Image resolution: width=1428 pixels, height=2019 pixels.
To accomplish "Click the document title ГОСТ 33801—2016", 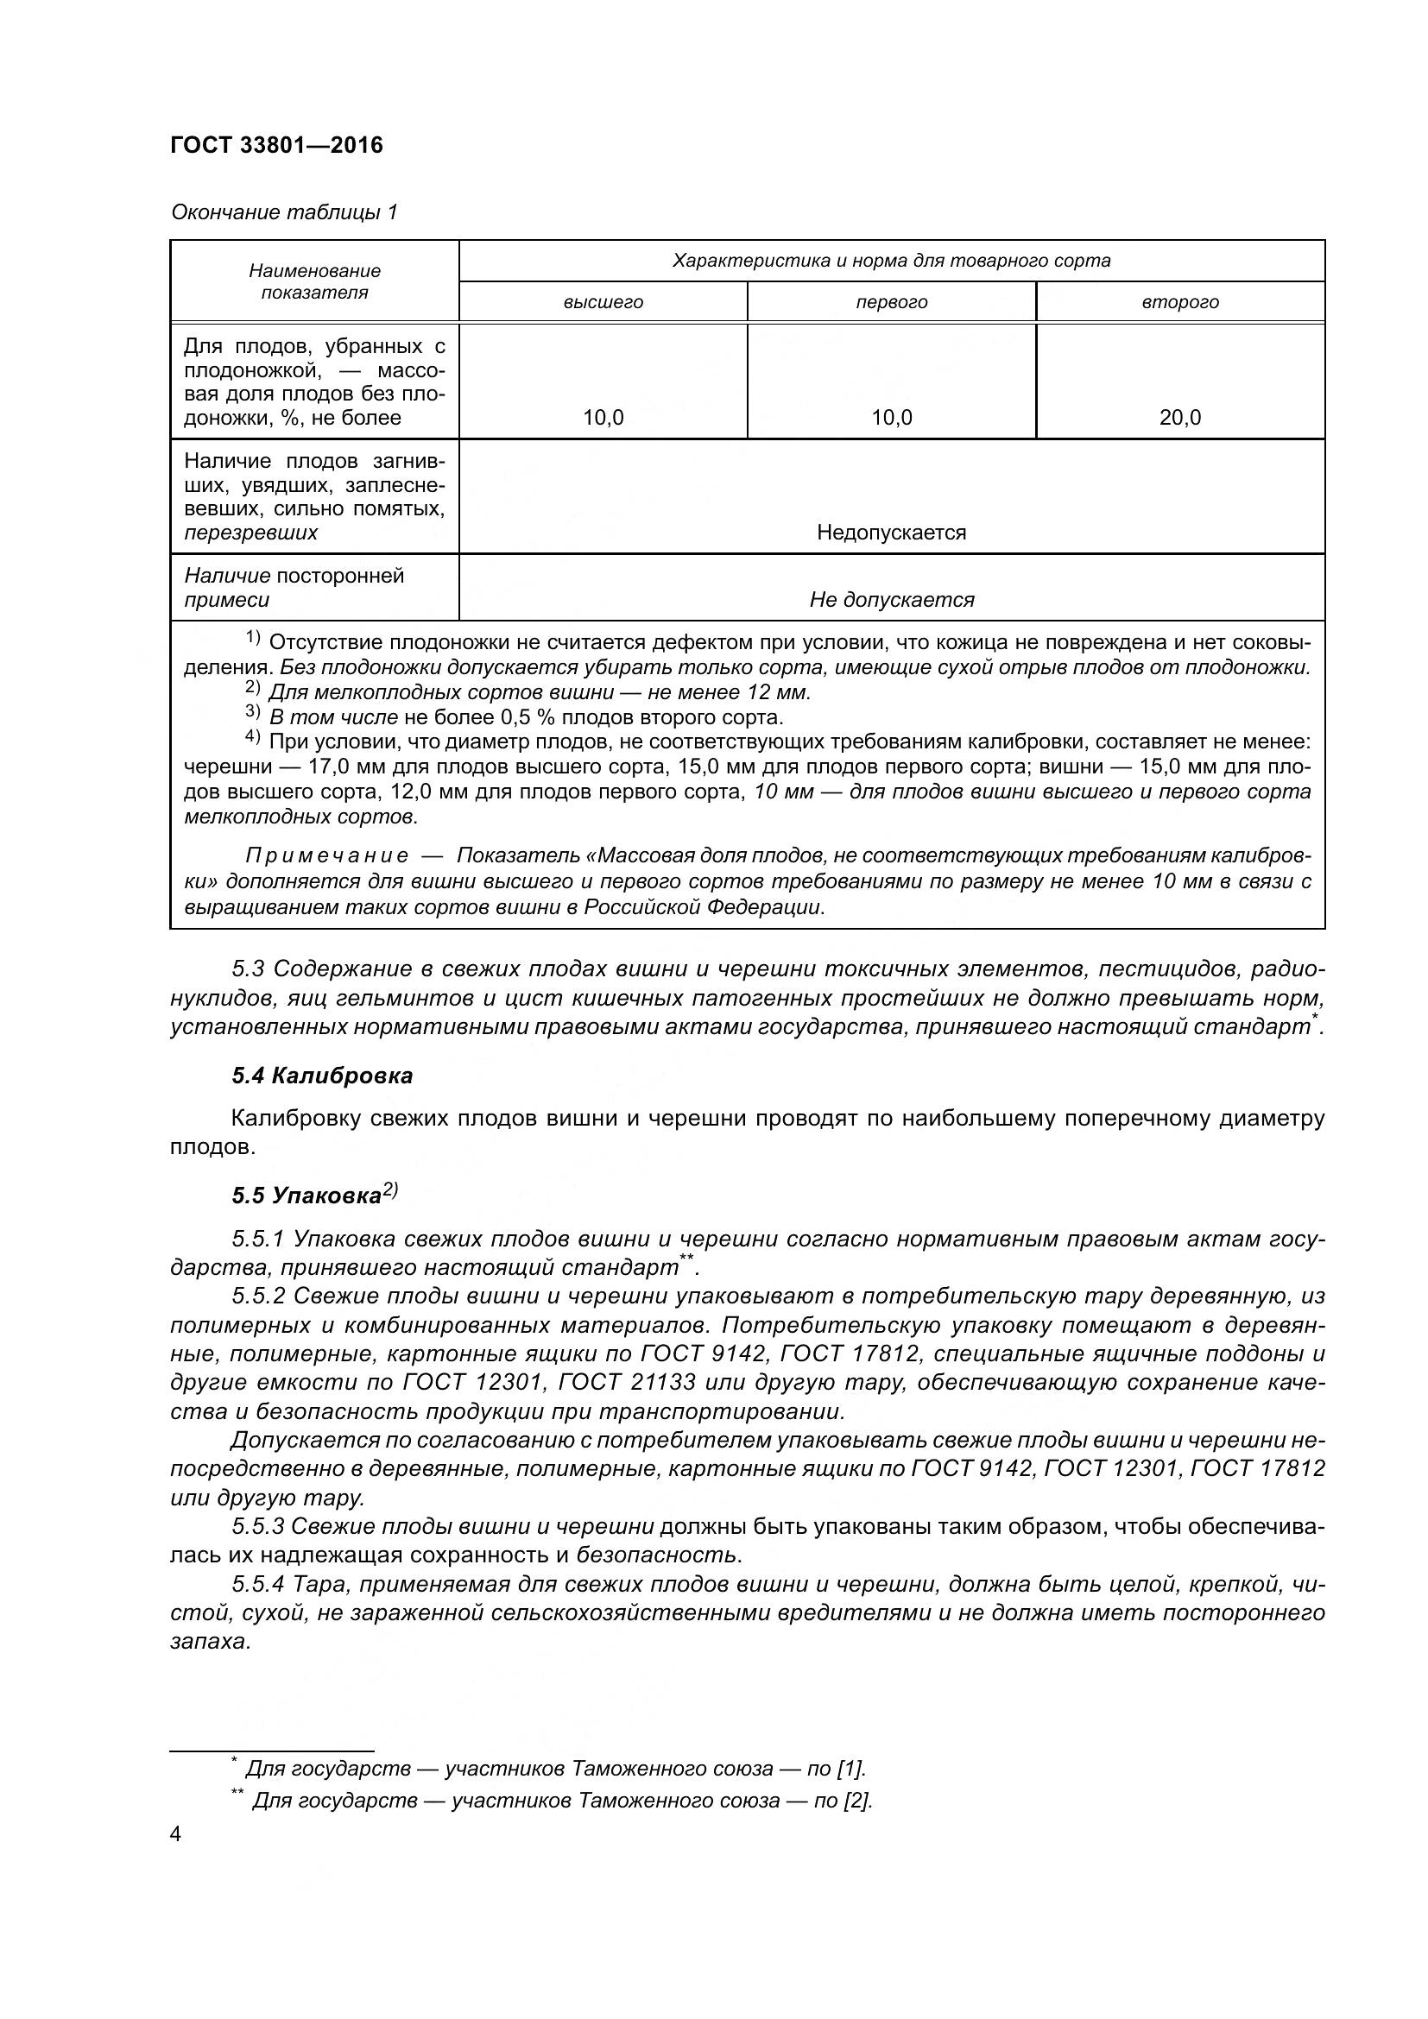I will click(x=276, y=145).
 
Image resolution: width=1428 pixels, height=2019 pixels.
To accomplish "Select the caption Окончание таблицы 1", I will click(x=284, y=212).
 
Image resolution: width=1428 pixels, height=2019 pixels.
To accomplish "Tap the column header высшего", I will click(x=603, y=302).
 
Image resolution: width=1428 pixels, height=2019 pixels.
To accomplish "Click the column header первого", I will click(x=892, y=302).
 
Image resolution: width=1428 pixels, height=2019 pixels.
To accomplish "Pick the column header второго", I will click(x=1180, y=302).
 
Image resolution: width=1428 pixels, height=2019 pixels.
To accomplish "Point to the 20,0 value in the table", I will click(x=1180, y=418).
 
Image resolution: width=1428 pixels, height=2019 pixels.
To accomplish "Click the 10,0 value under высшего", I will click(x=603, y=418).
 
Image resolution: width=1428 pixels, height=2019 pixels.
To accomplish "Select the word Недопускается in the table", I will click(x=892, y=532).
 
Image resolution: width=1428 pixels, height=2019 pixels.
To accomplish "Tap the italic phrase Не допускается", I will click(x=892, y=600).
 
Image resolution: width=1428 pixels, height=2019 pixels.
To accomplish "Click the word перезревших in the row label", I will click(x=250, y=533).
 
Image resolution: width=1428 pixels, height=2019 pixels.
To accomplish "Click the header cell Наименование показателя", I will click(x=314, y=281).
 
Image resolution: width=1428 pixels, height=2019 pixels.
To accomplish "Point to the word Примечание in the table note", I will click(x=326, y=855).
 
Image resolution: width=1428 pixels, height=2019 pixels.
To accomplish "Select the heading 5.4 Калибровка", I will click(x=322, y=1076).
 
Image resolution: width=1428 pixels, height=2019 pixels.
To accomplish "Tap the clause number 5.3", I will click(x=248, y=969).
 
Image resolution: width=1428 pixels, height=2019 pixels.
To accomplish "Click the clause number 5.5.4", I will click(x=258, y=1585).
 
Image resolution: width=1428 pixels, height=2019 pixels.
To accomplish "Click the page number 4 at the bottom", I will click(x=176, y=1835).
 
